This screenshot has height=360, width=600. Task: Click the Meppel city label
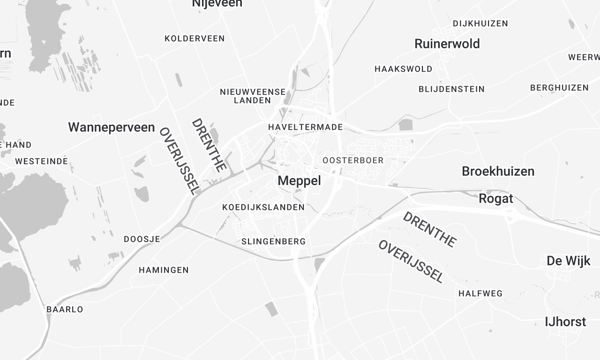tap(299, 181)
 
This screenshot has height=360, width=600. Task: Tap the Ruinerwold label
tap(447, 44)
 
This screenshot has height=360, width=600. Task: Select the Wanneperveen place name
tap(111, 128)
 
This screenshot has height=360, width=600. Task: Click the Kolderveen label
tap(194, 38)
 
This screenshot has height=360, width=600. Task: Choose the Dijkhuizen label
tap(482, 22)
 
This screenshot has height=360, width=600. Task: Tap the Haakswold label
tap(403, 69)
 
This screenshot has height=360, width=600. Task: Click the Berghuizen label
tap(559, 88)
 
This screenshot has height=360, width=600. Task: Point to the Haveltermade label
tap(306, 127)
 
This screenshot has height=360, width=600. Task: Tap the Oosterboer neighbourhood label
tap(353, 160)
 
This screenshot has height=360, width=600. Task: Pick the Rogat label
tap(496, 197)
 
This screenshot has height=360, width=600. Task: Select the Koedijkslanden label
tap(263, 207)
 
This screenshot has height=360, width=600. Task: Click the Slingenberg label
tap(274, 242)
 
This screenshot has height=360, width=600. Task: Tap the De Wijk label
tap(567, 261)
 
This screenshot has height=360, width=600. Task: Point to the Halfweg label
tap(479, 293)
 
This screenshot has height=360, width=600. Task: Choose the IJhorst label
tap(565, 321)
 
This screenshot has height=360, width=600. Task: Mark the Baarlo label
tap(65, 309)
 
